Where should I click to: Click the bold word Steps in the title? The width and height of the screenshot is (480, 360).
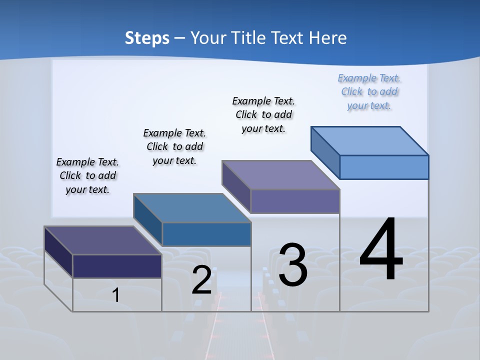click(x=147, y=38)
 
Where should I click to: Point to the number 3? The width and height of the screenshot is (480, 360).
click(x=293, y=265)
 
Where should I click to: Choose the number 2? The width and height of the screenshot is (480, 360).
click(x=201, y=280)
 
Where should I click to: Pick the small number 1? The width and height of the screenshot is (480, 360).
click(x=116, y=295)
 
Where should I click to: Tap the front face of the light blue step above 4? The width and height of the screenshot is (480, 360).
click(x=384, y=167)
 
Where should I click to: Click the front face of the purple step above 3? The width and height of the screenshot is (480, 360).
click(x=295, y=201)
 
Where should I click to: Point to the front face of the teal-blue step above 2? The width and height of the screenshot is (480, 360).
click(x=206, y=234)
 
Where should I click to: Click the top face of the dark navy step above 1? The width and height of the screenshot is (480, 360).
click(x=103, y=240)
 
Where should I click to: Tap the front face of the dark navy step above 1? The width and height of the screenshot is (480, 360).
click(x=117, y=266)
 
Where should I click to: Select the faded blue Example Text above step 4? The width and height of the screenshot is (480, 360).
click(x=369, y=91)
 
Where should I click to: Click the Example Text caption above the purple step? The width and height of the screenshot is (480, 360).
click(x=263, y=114)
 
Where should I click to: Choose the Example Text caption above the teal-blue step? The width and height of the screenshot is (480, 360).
click(x=174, y=146)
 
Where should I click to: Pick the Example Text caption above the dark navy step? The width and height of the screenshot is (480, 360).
click(x=87, y=175)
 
